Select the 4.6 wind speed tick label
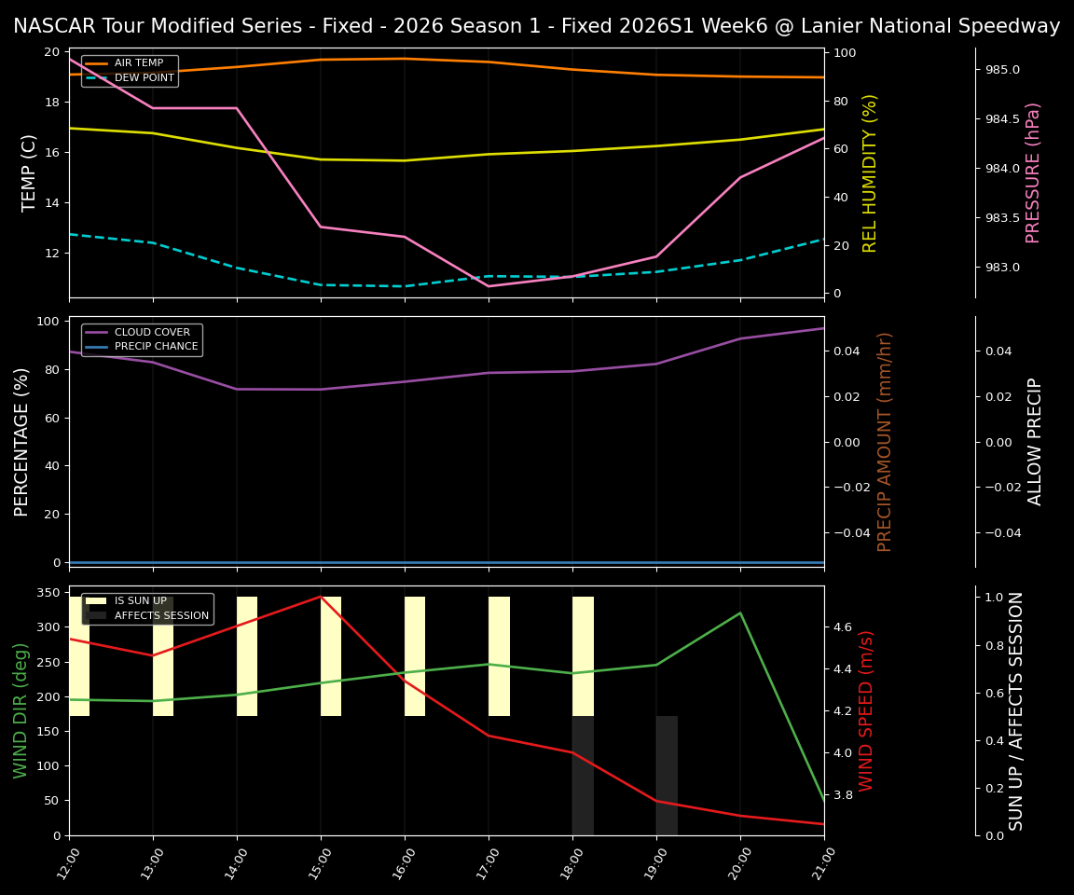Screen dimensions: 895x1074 tap(843, 627)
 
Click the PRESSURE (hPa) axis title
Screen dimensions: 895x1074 tap(1033, 172)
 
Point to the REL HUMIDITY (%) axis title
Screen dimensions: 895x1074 tap(870, 172)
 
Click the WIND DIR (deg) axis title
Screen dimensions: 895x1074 tap(21, 710)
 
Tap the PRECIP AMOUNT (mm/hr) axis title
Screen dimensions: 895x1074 tap(885, 441)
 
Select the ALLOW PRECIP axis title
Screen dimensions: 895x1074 tap(1035, 441)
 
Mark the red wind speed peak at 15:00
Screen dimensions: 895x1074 tap(321, 597)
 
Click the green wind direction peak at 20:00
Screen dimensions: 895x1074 tap(740, 613)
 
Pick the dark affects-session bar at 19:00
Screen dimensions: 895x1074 tap(667, 775)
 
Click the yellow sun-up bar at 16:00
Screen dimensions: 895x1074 tap(415, 656)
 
